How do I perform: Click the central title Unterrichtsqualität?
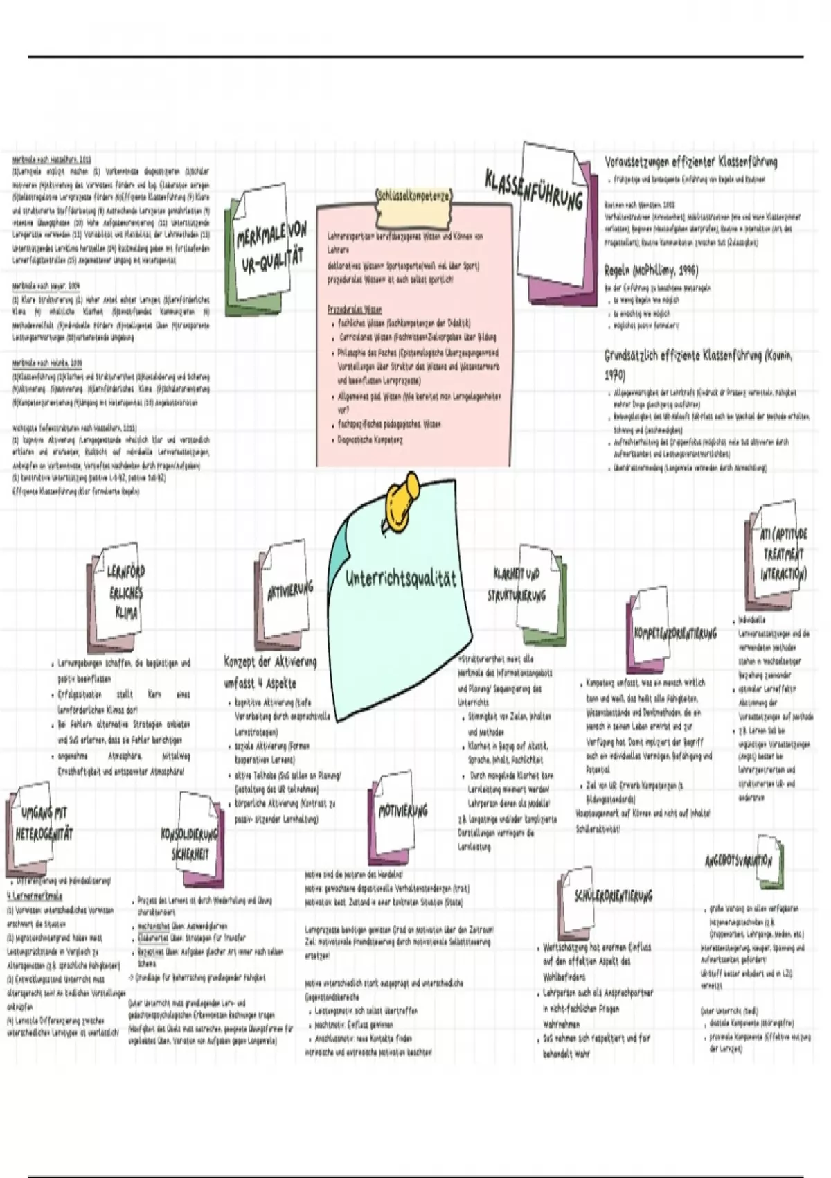(x=401, y=578)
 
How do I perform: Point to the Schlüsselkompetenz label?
(x=413, y=196)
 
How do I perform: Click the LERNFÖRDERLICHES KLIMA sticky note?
(x=125, y=592)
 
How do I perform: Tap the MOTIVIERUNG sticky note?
(x=402, y=811)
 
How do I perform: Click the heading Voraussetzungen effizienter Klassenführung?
(x=690, y=162)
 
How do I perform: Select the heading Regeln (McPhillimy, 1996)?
(x=651, y=270)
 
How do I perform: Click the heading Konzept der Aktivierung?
(x=270, y=662)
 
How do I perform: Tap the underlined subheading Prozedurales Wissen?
(x=355, y=310)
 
